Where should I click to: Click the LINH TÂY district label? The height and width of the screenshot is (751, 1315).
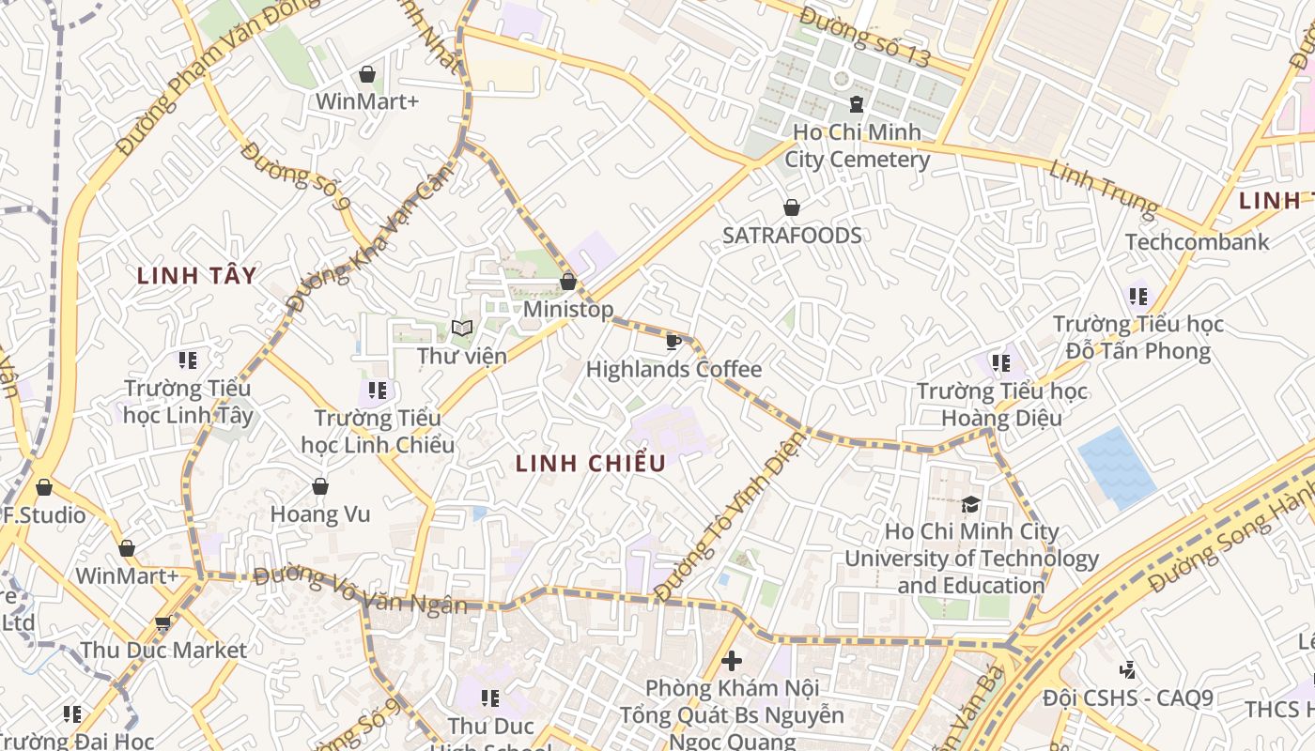coord(196,275)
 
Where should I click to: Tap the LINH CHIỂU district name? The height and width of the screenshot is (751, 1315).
coord(591,463)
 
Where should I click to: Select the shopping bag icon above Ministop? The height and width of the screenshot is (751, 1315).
coord(568,281)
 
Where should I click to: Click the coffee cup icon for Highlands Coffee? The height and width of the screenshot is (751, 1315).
coord(673,341)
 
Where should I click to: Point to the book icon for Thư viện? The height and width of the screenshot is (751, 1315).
coord(461,328)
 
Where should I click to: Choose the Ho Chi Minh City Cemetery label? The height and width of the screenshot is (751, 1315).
coord(857,146)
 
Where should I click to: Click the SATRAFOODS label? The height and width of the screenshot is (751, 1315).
coord(792,236)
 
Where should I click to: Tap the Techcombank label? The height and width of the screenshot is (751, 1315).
coord(1197,242)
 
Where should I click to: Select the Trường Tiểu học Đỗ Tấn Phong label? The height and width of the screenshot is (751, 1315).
coord(1138,338)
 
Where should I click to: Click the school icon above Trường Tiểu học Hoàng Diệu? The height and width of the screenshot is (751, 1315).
coord(1001,362)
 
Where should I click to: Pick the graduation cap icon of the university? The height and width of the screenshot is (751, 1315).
coord(970,505)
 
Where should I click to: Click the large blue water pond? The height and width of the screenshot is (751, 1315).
coord(1116,467)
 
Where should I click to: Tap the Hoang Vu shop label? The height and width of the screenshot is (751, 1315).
coord(320,514)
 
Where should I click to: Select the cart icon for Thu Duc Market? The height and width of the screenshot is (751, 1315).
coord(162,623)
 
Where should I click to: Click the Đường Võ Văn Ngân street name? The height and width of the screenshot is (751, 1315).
coord(360,590)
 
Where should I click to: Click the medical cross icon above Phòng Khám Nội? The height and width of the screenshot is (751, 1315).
coord(731,661)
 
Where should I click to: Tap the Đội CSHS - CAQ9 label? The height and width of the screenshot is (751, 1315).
coord(1128,699)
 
